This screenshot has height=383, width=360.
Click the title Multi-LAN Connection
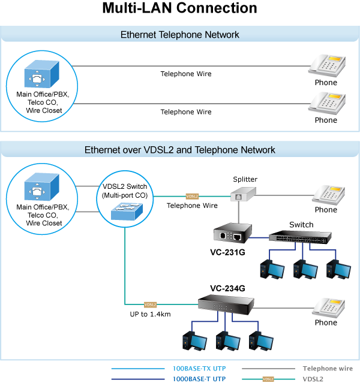click(179, 8)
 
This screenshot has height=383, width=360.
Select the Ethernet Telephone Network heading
click(179, 35)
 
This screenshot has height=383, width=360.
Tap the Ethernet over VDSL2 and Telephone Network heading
click(179, 150)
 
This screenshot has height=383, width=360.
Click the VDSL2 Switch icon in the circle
click(125, 212)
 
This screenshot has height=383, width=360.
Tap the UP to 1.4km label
click(149, 315)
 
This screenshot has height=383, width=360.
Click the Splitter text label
click(245, 179)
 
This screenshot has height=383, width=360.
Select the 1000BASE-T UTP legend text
click(197, 379)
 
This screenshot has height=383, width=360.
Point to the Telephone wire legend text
click(328, 369)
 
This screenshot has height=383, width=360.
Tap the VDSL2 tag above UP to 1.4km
click(150, 304)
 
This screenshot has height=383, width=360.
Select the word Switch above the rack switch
click(301, 225)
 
